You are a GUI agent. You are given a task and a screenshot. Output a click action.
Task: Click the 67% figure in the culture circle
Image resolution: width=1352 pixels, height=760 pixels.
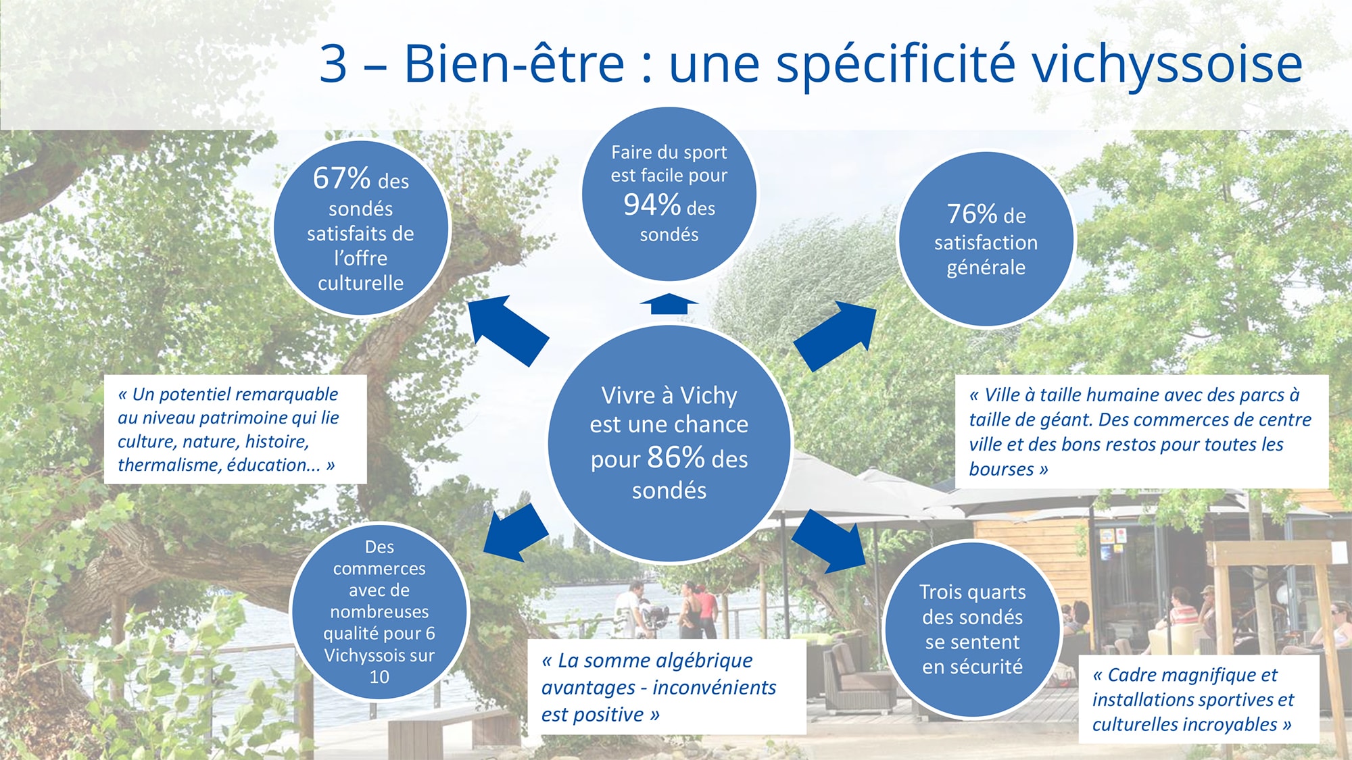click(x=341, y=178)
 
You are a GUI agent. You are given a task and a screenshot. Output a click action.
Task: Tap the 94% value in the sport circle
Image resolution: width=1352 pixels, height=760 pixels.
click(x=652, y=205)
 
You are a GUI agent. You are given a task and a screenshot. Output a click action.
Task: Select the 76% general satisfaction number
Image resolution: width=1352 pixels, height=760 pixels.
click(x=972, y=213)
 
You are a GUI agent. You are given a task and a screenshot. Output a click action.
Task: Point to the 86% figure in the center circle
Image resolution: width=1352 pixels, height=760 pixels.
click(x=676, y=457)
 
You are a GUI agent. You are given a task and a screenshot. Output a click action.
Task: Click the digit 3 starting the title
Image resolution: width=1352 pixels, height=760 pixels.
click(x=333, y=64)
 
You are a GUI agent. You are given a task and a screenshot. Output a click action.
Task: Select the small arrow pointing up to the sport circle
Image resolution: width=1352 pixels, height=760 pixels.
click(x=669, y=304)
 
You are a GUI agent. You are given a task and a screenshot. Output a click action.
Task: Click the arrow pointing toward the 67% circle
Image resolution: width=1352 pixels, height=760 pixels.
click(x=508, y=330)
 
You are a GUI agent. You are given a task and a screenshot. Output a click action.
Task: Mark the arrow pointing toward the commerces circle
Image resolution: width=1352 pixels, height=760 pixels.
click(x=516, y=533)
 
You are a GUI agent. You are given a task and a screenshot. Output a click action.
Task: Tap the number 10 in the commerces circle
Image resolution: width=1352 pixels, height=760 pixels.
click(x=379, y=677)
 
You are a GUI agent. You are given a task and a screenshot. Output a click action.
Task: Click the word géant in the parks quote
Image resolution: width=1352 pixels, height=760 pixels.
click(x=1067, y=420)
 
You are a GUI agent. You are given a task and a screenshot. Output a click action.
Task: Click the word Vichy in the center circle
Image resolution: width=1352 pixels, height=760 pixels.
click(x=708, y=395)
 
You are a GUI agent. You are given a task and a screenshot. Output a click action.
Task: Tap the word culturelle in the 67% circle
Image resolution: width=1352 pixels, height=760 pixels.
click(x=361, y=283)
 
